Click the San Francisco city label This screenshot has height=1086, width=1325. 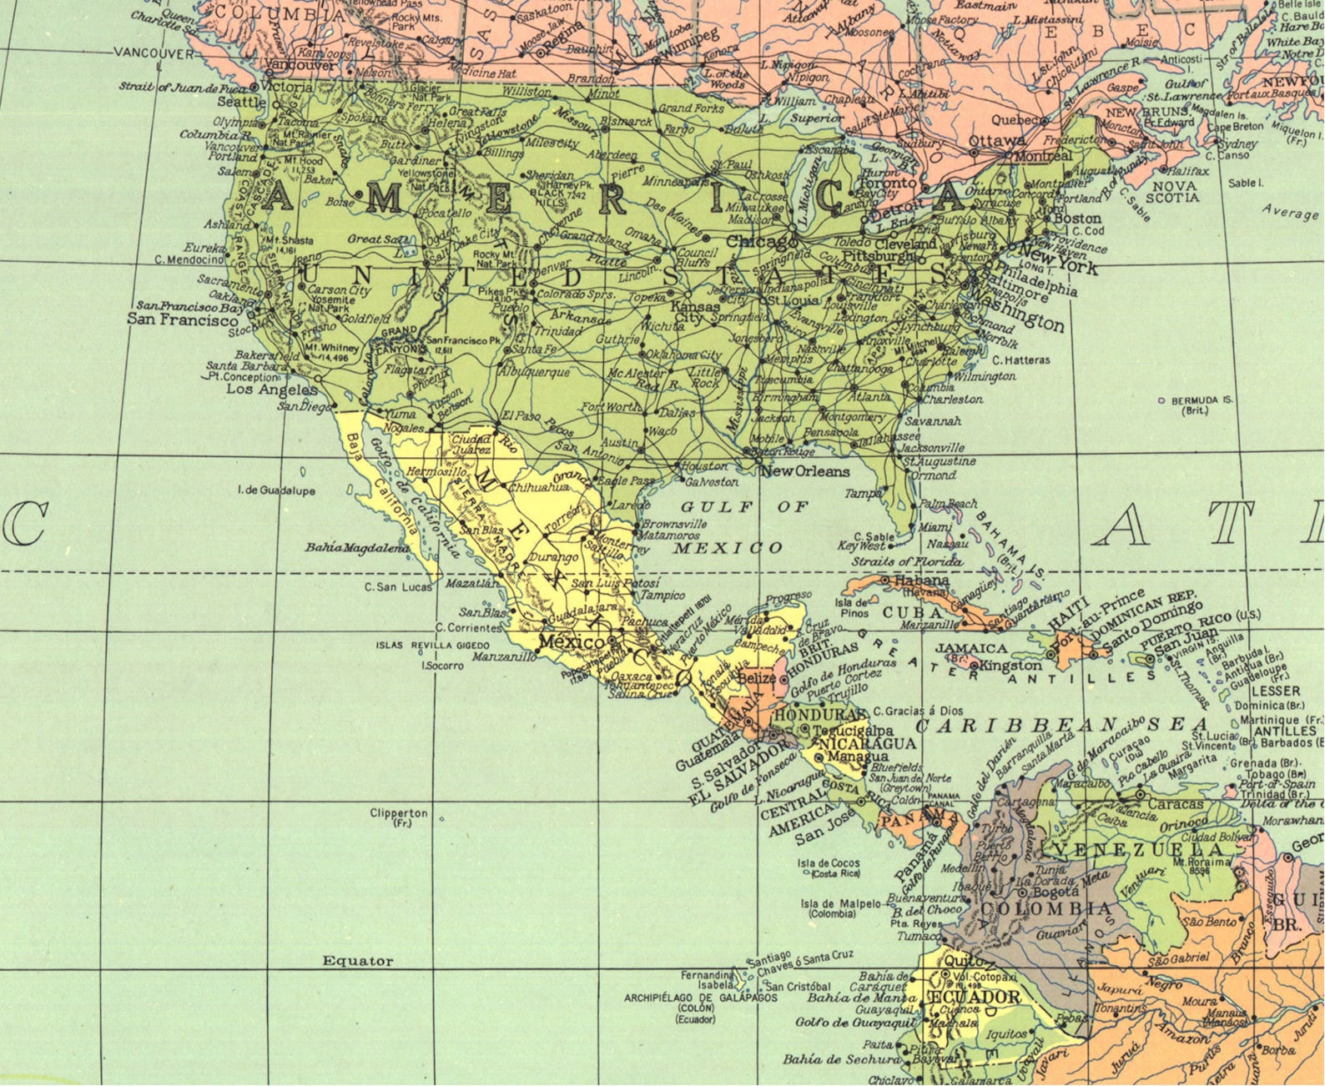[x=182, y=319]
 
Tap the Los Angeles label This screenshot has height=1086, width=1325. [x=272, y=390]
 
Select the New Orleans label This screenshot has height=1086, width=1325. [x=804, y=471]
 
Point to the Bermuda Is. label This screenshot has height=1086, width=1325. [x=1202, y=401]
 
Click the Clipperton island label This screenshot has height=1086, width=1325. [x=399, y=813]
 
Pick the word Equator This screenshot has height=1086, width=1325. [x=357, y=961]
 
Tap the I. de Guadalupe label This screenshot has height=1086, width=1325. [x=276, y=490]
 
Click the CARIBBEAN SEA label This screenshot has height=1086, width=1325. [x=1061, y=724]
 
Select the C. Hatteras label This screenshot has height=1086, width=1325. [x=1020, y=360]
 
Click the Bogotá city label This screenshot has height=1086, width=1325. [x=1055, y=892]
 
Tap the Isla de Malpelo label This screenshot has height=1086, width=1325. [x=840, y=903]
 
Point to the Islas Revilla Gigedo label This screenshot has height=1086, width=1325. [x=432, y=645]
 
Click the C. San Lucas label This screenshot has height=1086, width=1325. [x=398, y=587]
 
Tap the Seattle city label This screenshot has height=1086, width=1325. [x=241, y=103]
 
